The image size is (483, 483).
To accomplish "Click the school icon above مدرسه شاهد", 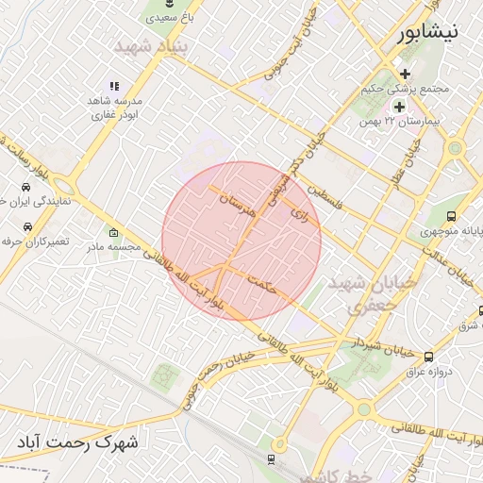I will [x=115, y=86].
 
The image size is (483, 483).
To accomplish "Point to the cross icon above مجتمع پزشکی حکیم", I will [x=405, y=74].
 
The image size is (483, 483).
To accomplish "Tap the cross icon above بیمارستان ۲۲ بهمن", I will [x=398, y=107].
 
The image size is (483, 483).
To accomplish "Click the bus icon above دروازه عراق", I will [x=429, y=357].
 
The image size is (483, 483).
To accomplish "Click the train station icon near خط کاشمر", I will [x=272, y=459].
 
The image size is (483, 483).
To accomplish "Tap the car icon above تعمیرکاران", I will [x=27, y=227].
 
